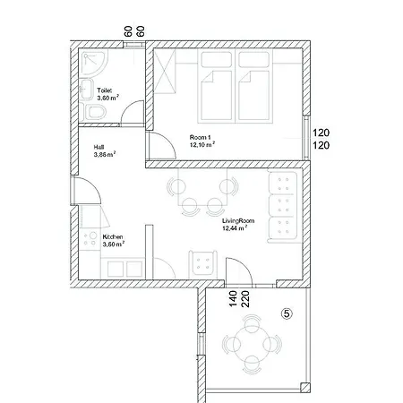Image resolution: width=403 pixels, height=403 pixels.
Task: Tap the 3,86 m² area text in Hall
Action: point(106,154)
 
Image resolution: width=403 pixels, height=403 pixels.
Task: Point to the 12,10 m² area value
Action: point(201,142)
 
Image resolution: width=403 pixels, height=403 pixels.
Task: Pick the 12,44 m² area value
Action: point(235,228)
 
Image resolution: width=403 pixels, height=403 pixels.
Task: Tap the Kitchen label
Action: point(112,236)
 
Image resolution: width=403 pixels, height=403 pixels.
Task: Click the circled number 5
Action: point(287,313)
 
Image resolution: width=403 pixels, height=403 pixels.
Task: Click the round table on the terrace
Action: point(253,345)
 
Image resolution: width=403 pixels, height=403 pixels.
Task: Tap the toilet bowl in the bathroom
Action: point(97,111)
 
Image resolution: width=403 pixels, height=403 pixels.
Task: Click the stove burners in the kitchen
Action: point(90,240)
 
